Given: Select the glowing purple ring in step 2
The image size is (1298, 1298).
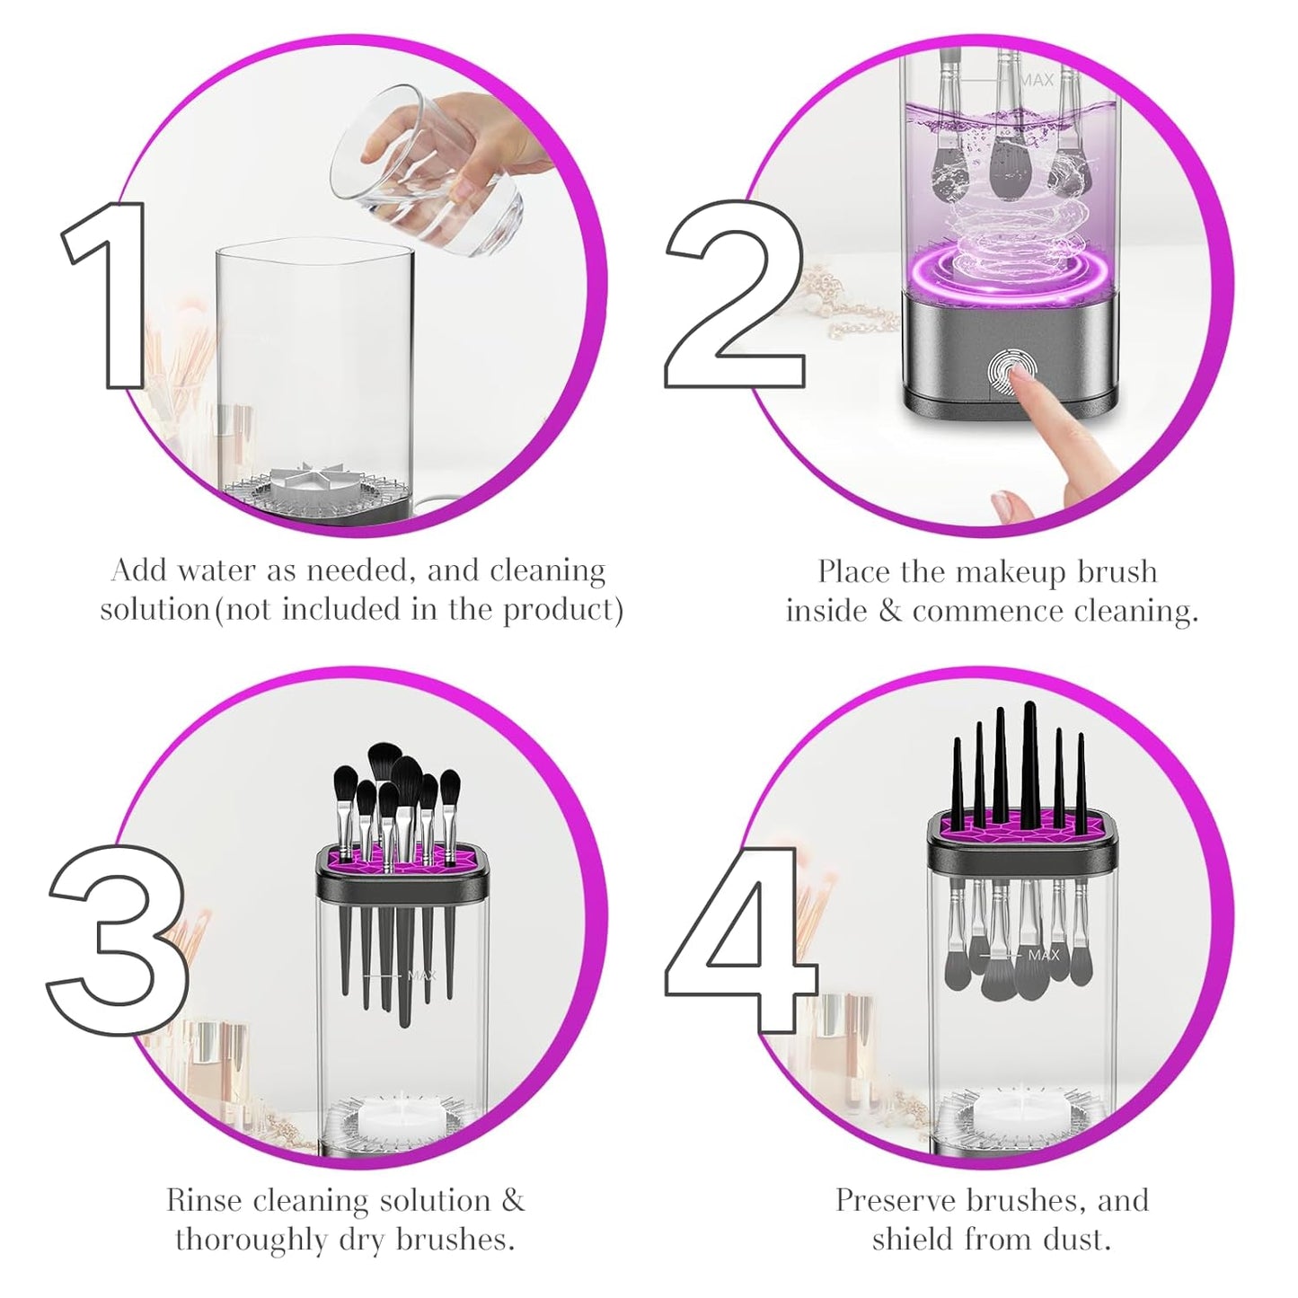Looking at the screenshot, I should click(997, 269).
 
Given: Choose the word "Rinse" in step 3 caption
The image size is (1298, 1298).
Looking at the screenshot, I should click(204, 1201).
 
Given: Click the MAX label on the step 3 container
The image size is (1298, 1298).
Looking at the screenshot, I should click(421, 974).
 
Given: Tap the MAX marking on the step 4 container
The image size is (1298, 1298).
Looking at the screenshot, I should click(1043, 956).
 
